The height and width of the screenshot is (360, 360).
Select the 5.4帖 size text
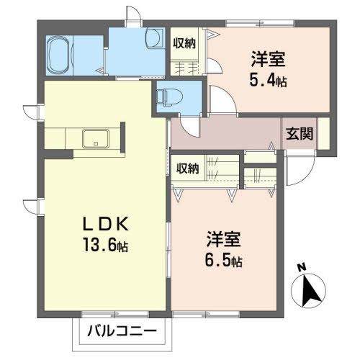(269, 81)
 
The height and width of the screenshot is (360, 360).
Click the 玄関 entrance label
(297, 132)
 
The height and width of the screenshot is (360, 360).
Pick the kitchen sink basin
(94, 138)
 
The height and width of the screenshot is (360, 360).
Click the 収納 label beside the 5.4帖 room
(184, 43)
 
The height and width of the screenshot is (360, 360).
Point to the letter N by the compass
(302, 269)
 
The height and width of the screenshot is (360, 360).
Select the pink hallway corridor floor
(230, 133)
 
